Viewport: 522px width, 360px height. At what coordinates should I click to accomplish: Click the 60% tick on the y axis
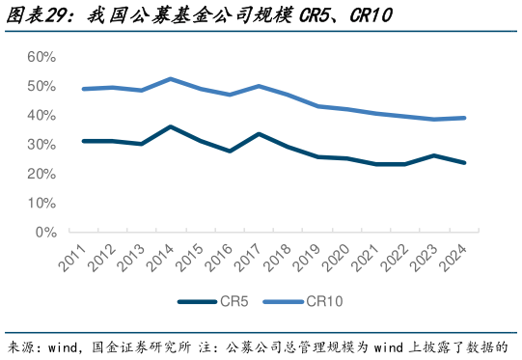click(41, 57)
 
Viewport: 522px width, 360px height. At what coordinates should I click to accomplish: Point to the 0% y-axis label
click(44, 233)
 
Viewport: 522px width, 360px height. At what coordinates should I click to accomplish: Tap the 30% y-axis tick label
click(41, 145)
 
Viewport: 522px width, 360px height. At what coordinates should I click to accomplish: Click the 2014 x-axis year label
click(162, 259)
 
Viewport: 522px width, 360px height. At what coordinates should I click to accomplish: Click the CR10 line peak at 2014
click(170, 79)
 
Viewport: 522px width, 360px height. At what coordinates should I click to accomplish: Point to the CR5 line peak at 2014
click(170, 126)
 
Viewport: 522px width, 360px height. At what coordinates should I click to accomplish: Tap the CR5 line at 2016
click(229, 152)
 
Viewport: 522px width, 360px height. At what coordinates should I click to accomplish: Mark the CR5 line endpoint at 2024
click(465, 163)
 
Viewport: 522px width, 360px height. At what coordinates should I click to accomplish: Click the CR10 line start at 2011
click(84, 89)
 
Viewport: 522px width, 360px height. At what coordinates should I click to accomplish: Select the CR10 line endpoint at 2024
click(465, 118)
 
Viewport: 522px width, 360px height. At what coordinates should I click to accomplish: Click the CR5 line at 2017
click(259, 134)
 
